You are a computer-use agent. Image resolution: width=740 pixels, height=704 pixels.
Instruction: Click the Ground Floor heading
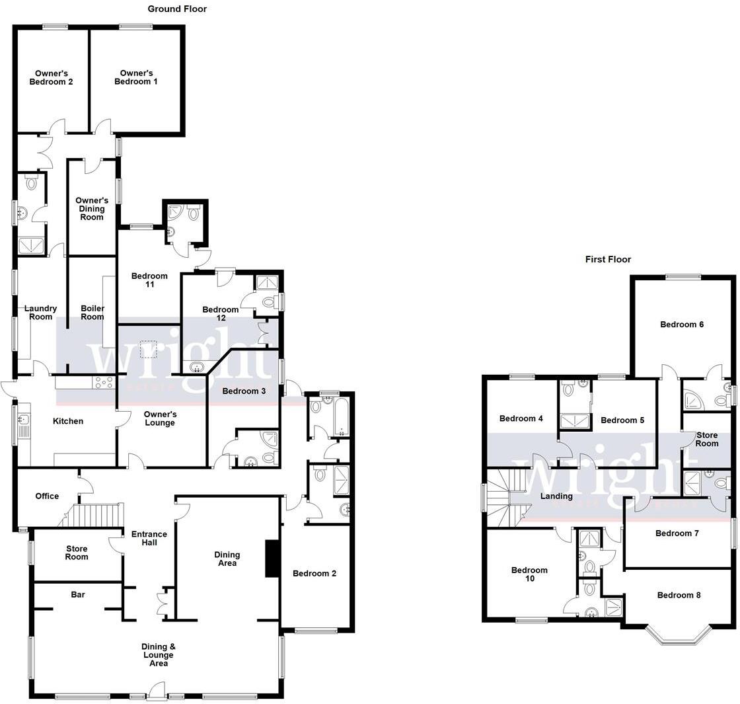pyautogui.click(x=176, y=9)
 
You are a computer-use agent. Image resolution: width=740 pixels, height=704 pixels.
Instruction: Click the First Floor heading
pyautogui.click(x=608, y=260)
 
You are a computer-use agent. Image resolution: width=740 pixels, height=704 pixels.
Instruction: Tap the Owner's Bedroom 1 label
pyautogui.click(x=136, y=77)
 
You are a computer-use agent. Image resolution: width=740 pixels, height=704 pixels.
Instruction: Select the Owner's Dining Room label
pyautogui.click(x=92, y=208)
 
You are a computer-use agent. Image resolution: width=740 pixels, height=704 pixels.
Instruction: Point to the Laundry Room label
pyautogui.click(x=41, y=312)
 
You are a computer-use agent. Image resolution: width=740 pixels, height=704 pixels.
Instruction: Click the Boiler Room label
pyautogui.click(x=92, y=312)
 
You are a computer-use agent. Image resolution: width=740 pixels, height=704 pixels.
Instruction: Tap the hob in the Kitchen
pyautogui.click(x=104, y=382)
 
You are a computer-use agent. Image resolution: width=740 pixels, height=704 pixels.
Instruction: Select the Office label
pyautogui.click(x=47, y=496)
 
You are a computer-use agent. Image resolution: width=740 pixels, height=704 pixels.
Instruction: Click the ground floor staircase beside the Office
pyautogui.click(x=96, y=514)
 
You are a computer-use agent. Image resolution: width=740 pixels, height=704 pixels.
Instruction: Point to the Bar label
pyautogui.click(x=78, y=595)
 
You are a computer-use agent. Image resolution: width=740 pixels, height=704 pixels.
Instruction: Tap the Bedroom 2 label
pyautogui.click(x=314, y=573)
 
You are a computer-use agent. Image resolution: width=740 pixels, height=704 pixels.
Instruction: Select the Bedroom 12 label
pyautogui.click(x=221, y=313)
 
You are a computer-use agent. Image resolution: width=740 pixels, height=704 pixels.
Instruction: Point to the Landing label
pyautogui.click(x=556, y=496)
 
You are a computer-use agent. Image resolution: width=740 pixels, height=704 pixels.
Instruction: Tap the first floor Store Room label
pyautogui.click(x=706, y=439)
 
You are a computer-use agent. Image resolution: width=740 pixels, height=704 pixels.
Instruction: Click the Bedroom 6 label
pyautogui.click(x=682, y=325)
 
